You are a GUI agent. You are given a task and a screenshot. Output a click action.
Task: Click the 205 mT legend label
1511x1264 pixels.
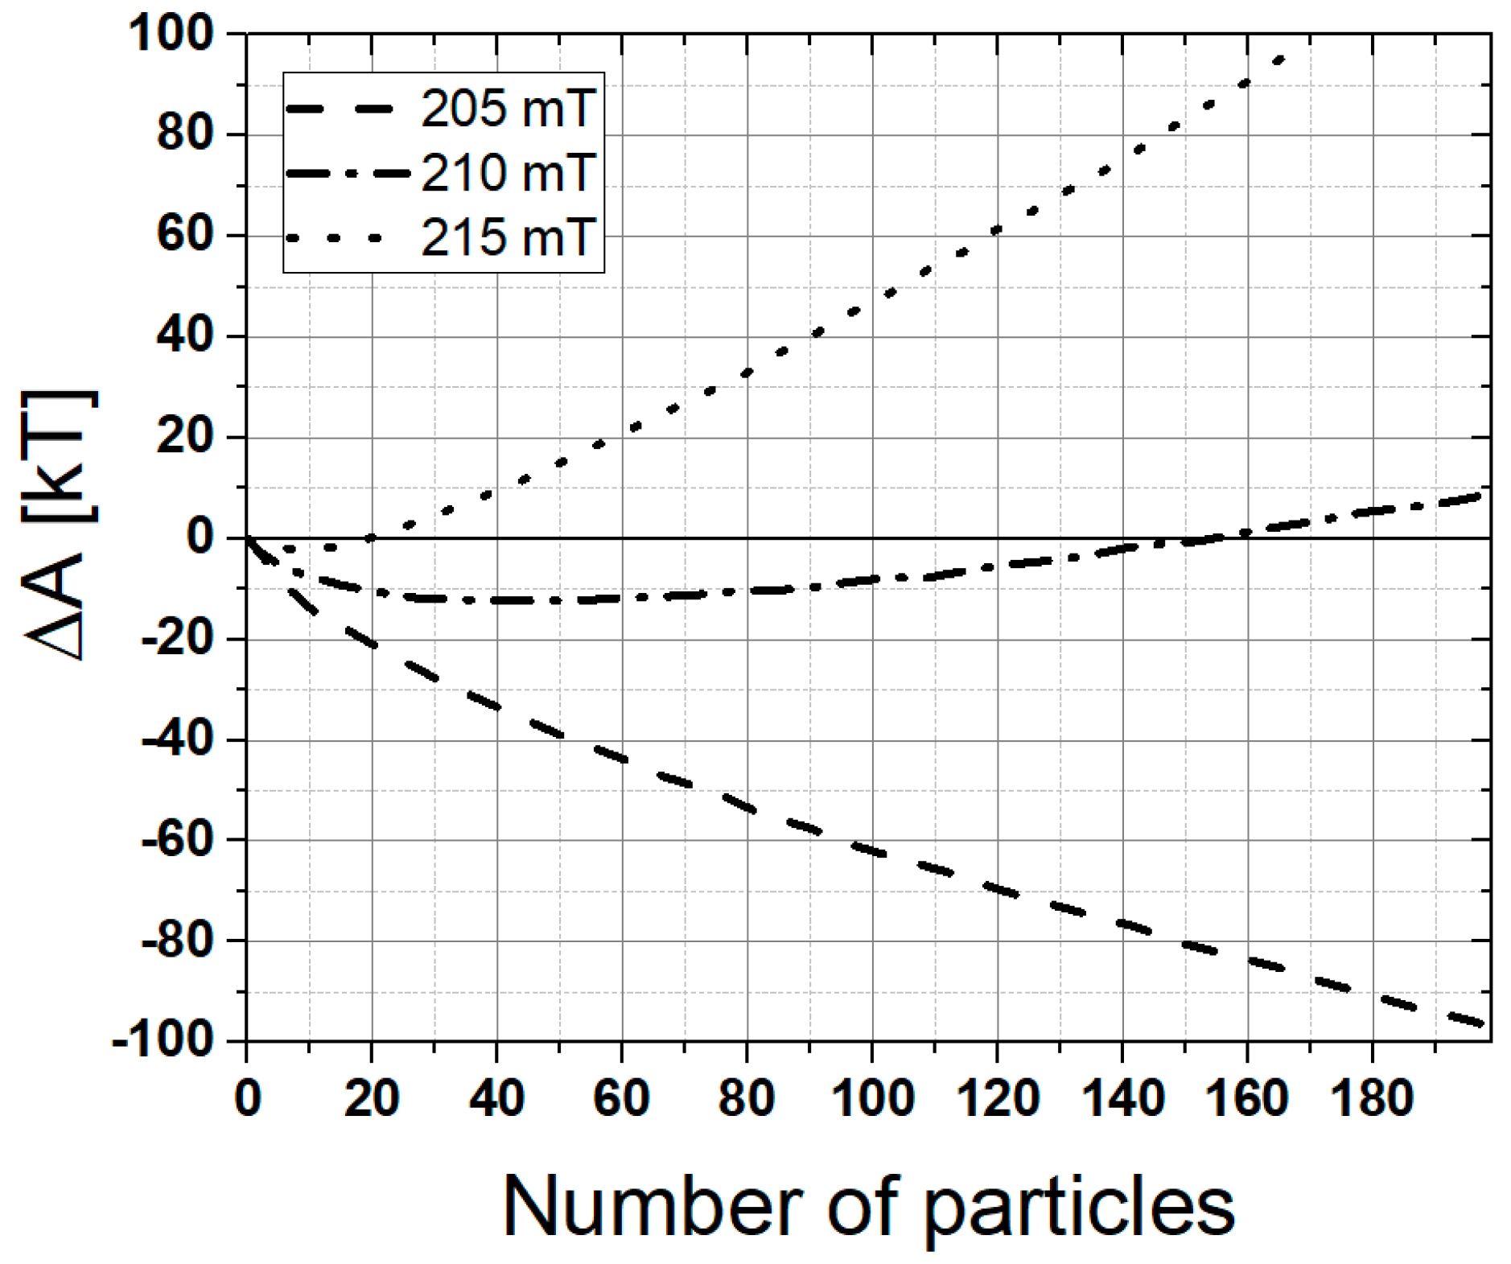(x=508, y=109)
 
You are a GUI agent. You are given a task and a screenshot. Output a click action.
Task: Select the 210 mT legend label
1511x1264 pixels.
(x=508, y=173)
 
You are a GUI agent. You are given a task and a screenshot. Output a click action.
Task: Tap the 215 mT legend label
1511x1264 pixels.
(x=508, y=238)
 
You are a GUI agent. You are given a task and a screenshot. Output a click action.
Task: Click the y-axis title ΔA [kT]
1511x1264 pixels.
(x=60, y=527)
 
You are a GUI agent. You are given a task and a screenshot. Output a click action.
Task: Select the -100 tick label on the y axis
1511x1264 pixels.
(x=164, y=1041)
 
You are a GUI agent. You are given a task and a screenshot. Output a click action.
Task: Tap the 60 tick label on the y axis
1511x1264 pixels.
(x=186, y=235)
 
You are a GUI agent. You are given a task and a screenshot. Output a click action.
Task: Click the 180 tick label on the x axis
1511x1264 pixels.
(x=1372, y=1097)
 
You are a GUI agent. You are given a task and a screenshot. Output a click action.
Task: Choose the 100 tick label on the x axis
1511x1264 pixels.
(x=872, y=1097)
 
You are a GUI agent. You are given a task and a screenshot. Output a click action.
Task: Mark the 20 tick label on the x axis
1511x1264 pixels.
(x=372, y=1097)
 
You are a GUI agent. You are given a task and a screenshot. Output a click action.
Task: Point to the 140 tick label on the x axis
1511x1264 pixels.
(x=1122, y=1097)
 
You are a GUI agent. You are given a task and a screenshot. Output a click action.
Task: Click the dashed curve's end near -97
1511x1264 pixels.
(x=1479, y=1023)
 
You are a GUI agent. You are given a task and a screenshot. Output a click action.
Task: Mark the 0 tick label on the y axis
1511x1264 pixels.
(x=199, y=537)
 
